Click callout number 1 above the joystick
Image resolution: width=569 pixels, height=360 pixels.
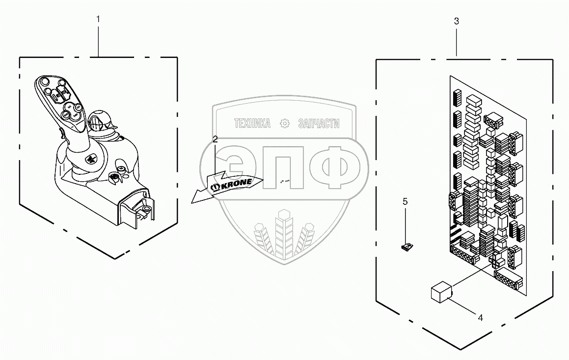[98, 19]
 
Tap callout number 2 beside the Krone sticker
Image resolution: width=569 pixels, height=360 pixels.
[215, 139]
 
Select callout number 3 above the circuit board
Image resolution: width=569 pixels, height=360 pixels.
[457, 21]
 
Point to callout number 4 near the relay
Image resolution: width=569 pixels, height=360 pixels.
[480, 318]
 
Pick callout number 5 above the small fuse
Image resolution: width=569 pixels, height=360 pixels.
[405, 201]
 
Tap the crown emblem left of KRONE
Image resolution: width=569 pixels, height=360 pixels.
[215, 187]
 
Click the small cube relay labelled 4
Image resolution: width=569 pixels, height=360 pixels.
[440, 292]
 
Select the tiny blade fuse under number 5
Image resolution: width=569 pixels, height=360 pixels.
[406, 248]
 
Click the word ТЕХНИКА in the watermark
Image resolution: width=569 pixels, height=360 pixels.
[252, 124]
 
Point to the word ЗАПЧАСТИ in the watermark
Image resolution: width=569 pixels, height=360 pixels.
[319, 124]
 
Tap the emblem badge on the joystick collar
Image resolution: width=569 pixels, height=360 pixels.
[91, 159]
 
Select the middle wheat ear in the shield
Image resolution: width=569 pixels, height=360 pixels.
[284, 233]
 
